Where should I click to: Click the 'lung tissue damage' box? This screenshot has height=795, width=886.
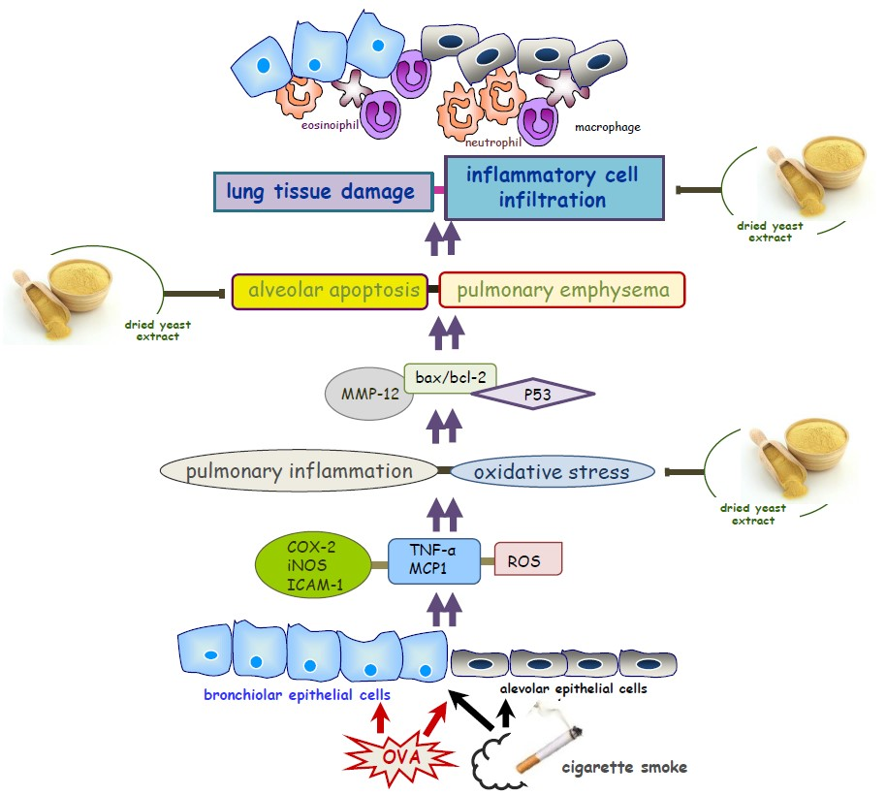(321, 191)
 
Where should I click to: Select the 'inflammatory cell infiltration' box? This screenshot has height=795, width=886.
(554, 187)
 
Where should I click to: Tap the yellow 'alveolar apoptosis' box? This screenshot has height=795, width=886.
(330, 290)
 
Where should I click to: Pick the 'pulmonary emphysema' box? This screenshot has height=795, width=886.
(562, 290)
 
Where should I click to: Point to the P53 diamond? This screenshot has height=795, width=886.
(531, 394)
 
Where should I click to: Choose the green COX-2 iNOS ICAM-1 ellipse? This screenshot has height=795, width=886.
(312, 563)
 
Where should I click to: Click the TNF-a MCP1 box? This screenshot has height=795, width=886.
(434, 561)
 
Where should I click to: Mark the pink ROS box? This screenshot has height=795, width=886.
(528, 560)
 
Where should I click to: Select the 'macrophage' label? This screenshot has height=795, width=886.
(608, 127)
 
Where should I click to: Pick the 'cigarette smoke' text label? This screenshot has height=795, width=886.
(624, 767)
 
